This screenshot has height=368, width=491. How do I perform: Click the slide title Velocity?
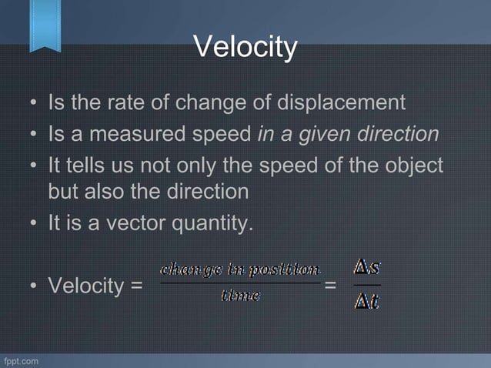(245, 48)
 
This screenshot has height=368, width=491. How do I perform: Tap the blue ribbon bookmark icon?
(45, 25)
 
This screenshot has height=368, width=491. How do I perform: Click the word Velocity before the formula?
(87, 286)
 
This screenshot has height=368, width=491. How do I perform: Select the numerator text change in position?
(239, 269)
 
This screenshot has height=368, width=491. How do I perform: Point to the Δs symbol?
(367, 269)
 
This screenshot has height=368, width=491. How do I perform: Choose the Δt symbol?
(366, 302)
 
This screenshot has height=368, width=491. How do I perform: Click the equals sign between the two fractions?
(331, 286)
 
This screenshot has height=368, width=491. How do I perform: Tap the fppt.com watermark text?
(20, 360)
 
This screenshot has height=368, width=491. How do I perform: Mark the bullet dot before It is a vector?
(34, 225)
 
